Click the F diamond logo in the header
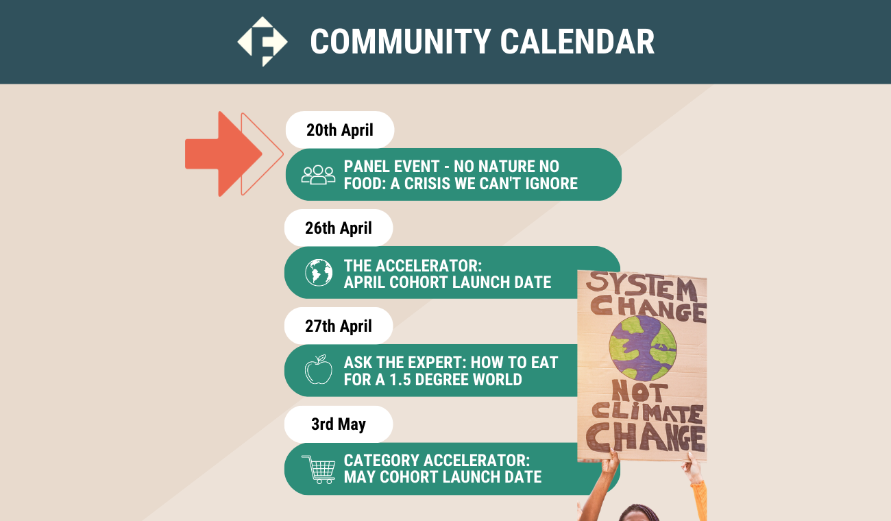(x=263, y=41)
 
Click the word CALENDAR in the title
(x=577, y=42)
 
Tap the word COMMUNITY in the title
(x=400, y=42)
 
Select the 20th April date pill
(x=340, y=130)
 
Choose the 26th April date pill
(x=339, y=228)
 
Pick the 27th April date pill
(x=339, y=326)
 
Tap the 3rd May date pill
(x=339, y=424)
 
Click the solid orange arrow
(x=223, y=154)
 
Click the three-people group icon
(x=318, y=175)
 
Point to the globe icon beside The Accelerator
(x=319, y=272)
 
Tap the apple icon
(x=319, y=369)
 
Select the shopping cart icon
(x=319, y=470)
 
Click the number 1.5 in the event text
(x=400, y=380)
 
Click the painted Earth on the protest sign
(x=642, y=348)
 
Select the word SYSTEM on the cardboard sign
(x=642, y=286)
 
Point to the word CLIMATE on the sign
(x=647, y=413)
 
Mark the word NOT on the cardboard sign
(x=638, y=391)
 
